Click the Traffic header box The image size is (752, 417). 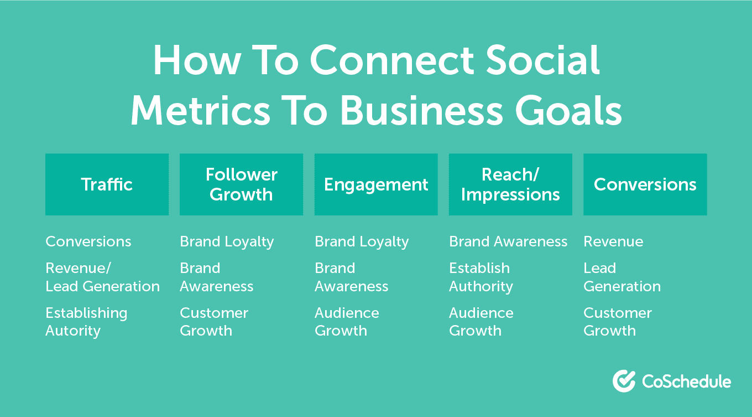coord(107,184)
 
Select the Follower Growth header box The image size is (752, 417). coord(241,184)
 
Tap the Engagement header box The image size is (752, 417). coord(376,184)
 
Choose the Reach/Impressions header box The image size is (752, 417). coord(510,184)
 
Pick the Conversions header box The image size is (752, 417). coord(645,184)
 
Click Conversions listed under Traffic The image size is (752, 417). coord(88,242)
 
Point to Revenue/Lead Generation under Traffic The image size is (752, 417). coord(102,277)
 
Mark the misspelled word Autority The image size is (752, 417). coord(73,331)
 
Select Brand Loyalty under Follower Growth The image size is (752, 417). coord(227,242)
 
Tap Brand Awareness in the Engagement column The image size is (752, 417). coord(351,277)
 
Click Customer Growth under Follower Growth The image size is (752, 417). coord(214,322)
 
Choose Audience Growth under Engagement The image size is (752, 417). coord(347,322)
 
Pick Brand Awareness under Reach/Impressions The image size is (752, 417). coord(508,242)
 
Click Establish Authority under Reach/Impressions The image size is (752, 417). coord(481,277)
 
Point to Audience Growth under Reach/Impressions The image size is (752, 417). coord(481,322)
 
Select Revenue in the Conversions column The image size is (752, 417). coord(613,242)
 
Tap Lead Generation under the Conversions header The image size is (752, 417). coord(622,277)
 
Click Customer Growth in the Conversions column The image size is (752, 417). coord(618,322)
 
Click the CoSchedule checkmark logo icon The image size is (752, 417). coord(624,381)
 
